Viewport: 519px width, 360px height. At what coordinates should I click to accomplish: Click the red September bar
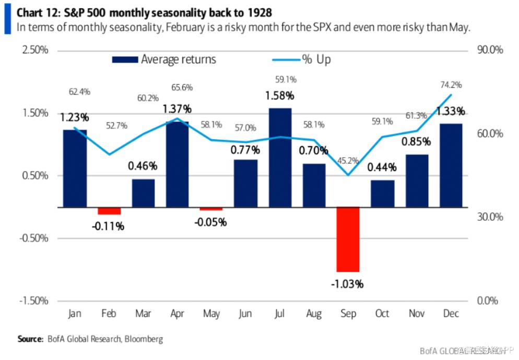click(x=348, y=239)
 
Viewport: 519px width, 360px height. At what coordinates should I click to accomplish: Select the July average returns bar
click(x=280, y=157)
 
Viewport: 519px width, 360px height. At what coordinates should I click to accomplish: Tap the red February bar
click(x=109, y=211)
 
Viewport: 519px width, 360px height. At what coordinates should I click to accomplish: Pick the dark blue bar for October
click(x=383, y=194)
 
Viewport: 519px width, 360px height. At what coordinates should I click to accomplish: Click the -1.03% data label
click(x=347, y=284)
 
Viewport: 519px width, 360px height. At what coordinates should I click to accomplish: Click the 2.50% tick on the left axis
click(x=35, y=50)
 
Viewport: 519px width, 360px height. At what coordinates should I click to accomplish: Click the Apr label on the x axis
click(x=178, y=313)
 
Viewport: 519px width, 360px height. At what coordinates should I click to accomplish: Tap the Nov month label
click(x=417, y=313)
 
